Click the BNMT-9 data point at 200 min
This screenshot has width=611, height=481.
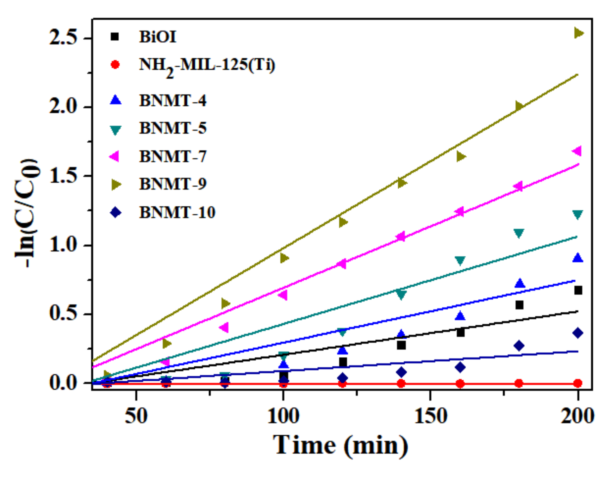(578, 33)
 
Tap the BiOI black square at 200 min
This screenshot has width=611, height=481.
(578, 290)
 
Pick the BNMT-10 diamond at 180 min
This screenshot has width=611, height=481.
(519, 346)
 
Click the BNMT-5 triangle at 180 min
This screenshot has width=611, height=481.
(519, 233)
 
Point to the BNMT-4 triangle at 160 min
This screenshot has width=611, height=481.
(460, 316)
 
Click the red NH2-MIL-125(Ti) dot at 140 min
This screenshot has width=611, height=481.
(401, 383)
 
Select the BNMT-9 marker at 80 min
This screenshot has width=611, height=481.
(226, 303)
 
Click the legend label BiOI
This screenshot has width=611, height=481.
(157, 37)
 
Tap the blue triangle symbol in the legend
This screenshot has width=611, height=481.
(115, 100)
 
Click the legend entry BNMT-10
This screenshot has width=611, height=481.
(177, 213)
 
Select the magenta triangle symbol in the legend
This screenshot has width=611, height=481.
(114, 156)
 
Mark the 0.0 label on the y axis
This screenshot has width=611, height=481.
(63, 383)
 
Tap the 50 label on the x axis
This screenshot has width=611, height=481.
(136, 416)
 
